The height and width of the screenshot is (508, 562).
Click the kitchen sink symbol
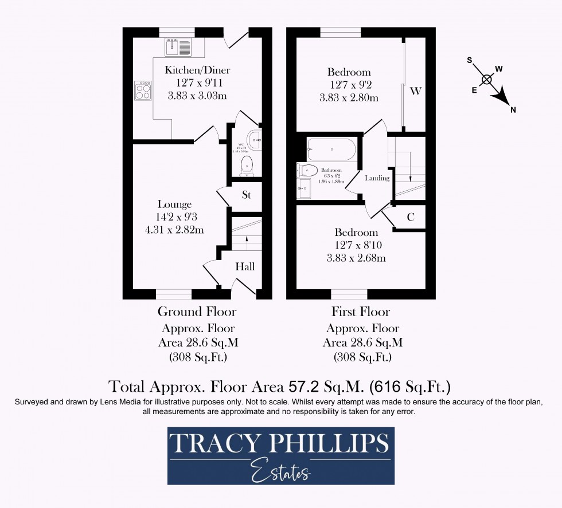coord(179,47)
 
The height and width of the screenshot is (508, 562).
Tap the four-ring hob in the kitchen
coord(143,90)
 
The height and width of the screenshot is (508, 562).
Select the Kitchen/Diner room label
coord(197,70)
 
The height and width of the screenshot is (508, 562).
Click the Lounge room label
coord(174,204)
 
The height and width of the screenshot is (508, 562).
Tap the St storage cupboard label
coord(247,195)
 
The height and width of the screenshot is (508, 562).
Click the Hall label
coord(245,267)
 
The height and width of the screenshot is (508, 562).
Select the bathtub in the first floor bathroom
coord(331,150)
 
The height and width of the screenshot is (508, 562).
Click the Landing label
coord(377,178)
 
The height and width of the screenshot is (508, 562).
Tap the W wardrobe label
coord(416,91)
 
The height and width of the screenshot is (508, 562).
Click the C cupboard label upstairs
coord(411,217)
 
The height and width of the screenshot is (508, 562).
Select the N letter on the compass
coord(513,110)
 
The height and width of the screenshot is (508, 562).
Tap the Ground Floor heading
coord(197,312)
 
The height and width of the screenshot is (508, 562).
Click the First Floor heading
coord(360,312)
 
